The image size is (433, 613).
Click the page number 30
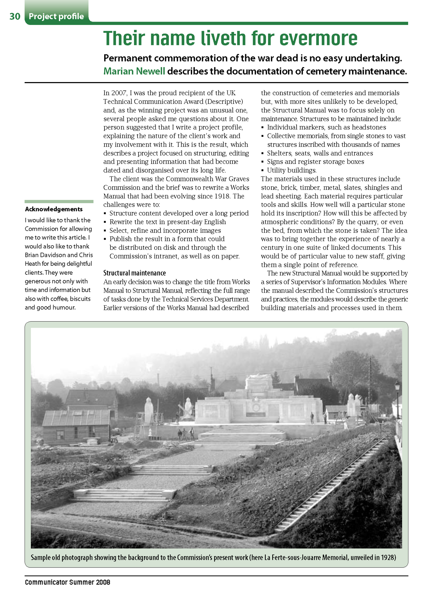[15, 17]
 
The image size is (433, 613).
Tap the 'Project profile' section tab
[56, 17]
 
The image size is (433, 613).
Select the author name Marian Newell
[134, 71]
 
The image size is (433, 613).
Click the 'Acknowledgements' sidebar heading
[54, 209]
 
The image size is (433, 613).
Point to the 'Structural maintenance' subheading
[135, 273]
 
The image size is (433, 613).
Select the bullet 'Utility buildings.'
[291, 170]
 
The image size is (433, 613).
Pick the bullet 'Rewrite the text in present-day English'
[168, 222]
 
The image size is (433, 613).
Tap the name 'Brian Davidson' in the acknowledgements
[45, 255]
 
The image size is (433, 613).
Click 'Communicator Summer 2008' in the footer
[67, 582]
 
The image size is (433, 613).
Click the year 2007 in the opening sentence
[119, 93]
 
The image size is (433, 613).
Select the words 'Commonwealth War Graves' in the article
[207, 179]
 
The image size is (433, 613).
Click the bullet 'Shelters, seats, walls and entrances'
[320, 153]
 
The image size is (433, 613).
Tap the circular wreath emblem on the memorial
[256, 407]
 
